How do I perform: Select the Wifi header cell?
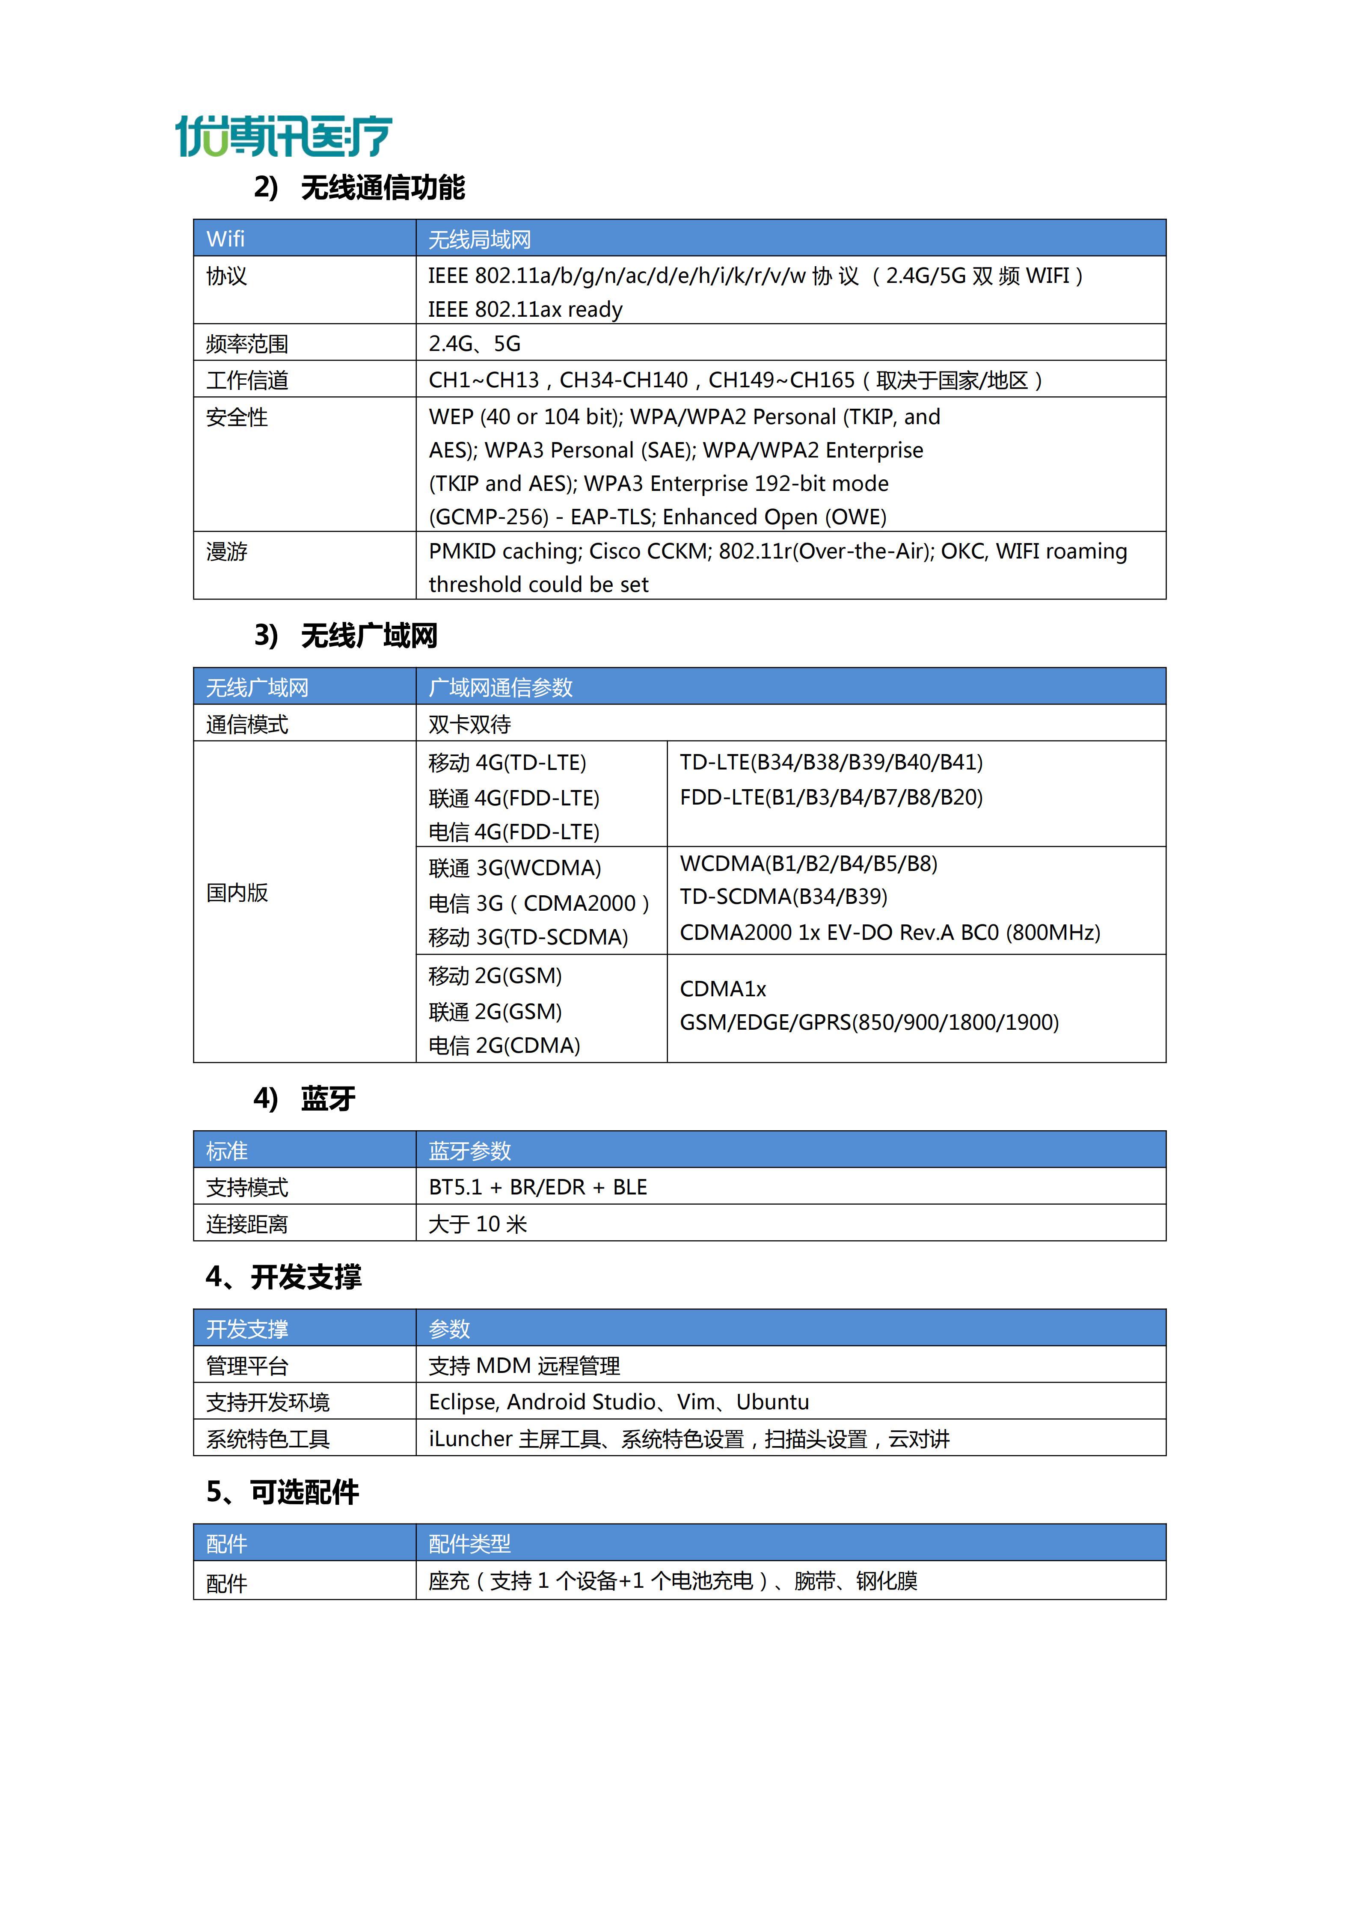[x=226, y=239]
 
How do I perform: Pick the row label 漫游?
[x=227, y=552]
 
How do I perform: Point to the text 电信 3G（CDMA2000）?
[x=539, y=903]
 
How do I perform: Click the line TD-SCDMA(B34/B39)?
[x=783, y=897]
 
